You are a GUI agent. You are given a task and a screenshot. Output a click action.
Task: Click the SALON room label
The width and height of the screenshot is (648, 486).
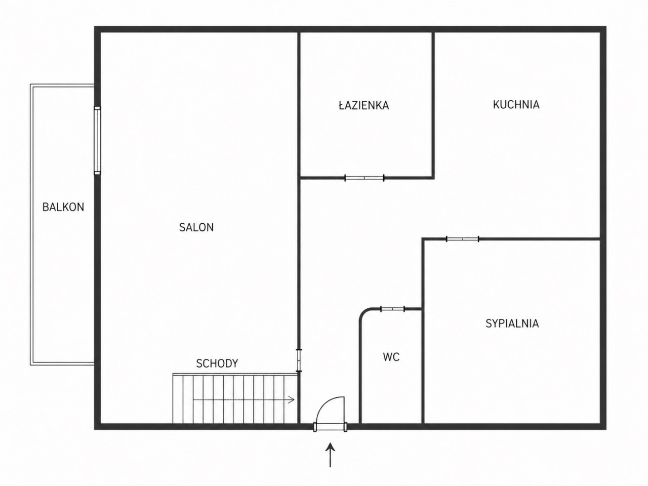(x=196, y=227)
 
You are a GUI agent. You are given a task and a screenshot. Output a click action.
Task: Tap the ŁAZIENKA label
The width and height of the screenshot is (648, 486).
(x=363, y=105)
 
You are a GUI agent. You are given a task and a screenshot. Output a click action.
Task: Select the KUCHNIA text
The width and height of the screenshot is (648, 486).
(x=516, y=105)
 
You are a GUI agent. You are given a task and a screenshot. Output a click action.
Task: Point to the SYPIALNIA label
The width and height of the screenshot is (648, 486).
(x=512, y=323)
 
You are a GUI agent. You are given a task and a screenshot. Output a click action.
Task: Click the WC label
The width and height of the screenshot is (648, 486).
(x=391, y=357)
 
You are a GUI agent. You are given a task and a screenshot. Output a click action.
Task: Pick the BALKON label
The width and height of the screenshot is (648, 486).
(x=63, y=207)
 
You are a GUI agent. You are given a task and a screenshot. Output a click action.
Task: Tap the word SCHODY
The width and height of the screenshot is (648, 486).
(x=217, y=363)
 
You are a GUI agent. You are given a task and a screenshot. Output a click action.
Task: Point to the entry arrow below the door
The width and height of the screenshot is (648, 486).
(x=330, y=455)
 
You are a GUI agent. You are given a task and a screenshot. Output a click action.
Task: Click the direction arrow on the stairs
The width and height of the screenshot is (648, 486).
(x=244, y=400)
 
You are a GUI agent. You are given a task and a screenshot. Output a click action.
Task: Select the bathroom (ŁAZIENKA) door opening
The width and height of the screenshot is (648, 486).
(x=364, y=178)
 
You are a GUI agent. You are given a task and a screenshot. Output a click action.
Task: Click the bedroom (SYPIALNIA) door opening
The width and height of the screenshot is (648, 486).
(x=463, y=239)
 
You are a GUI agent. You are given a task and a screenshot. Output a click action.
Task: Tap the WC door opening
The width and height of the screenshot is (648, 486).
(x=393, y=309)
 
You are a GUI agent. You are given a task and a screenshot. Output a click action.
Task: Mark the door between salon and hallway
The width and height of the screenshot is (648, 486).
(x=299, y=360)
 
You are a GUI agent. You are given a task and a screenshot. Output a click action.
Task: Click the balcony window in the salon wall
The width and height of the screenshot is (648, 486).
(x=97, y=140)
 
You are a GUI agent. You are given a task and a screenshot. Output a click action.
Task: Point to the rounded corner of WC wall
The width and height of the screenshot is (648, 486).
(x=364, y=313)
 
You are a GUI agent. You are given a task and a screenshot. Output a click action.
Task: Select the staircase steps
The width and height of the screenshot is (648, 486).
(x=235, y=398)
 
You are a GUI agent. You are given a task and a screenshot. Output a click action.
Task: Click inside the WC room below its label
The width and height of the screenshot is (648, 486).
(x=391, y=392)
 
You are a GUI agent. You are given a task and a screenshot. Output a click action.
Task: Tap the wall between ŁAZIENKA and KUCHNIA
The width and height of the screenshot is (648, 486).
(x=433, y=104)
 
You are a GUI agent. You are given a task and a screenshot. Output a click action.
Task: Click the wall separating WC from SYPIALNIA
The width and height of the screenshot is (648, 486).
(x=423, y=366)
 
